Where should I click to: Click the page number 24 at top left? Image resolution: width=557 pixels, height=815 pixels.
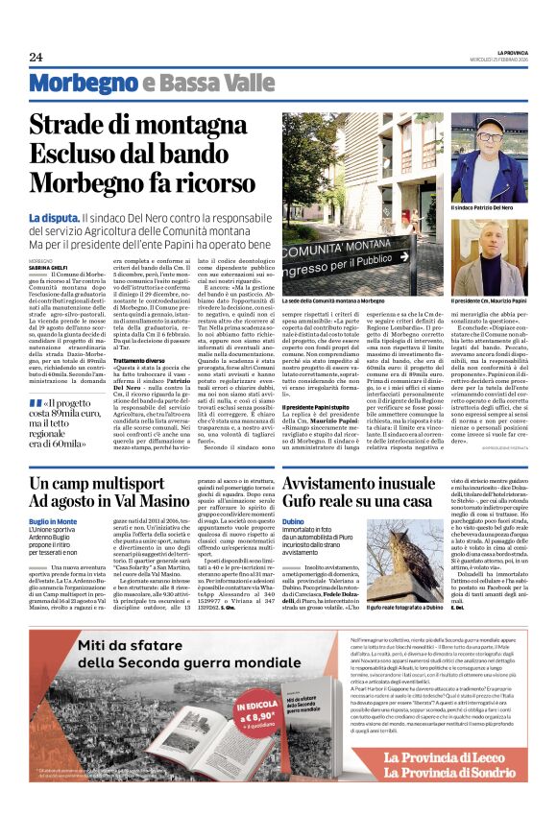(36, 57)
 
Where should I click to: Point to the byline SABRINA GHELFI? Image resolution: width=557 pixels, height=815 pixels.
(48, 267)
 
